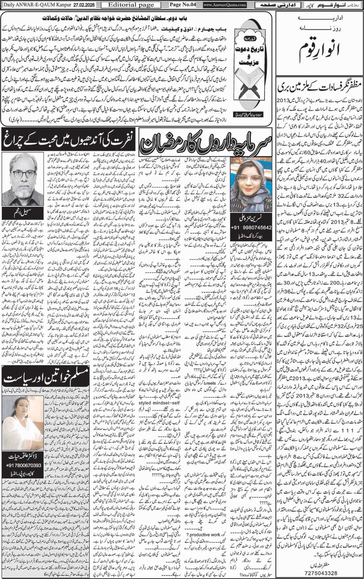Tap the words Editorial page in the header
coord(126,5)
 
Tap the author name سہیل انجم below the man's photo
coord(23,213)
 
